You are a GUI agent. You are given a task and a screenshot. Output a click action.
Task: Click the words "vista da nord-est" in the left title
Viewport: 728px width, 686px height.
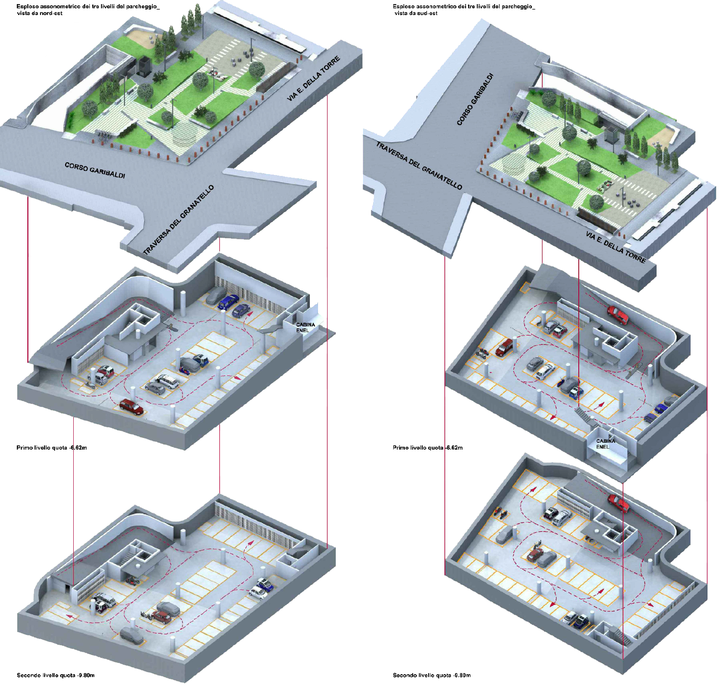coord(40,14)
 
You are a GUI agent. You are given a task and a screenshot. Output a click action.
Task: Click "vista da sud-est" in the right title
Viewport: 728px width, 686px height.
coord(416,14)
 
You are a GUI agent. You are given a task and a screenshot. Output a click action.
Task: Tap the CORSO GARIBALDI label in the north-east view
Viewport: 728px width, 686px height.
coord(95,170)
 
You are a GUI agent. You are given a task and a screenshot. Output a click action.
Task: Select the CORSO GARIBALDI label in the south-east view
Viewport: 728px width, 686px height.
coord(475,99)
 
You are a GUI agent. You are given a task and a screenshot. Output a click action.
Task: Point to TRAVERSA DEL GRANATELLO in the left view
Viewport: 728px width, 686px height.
coord(178,220)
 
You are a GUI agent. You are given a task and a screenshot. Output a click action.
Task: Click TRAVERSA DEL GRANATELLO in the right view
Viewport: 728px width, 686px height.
coord(419,165)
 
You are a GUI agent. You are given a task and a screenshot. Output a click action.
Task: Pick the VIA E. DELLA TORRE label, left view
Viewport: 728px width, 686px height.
coord(313,79)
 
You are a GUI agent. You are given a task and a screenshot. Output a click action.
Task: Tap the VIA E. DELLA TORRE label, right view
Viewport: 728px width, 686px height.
coord(616,247)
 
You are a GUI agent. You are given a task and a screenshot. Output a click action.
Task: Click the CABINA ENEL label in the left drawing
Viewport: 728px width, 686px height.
coord(305,327)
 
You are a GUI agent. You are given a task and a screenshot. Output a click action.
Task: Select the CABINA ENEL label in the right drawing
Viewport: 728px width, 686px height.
coord(606,444)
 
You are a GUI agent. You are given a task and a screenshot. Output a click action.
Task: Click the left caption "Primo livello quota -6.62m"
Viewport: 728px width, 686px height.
coord(51,448)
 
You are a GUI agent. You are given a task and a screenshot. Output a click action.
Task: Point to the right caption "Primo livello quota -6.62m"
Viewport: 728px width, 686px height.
coord(428,448)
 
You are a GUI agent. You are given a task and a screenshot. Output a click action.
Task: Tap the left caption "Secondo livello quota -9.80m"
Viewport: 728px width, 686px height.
coord(56,675)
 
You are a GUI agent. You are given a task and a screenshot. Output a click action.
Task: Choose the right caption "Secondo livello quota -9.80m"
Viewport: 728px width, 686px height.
coord(432,675)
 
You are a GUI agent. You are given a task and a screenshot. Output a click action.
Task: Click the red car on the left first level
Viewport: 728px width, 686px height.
coord(131,406)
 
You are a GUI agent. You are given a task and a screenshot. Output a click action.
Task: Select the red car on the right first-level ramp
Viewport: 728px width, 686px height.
coord(618,315)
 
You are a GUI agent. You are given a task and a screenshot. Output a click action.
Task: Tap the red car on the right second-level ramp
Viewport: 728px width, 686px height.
coord(618,503)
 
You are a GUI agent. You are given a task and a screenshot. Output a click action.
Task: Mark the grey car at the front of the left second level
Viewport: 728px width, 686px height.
coord(132,636)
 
